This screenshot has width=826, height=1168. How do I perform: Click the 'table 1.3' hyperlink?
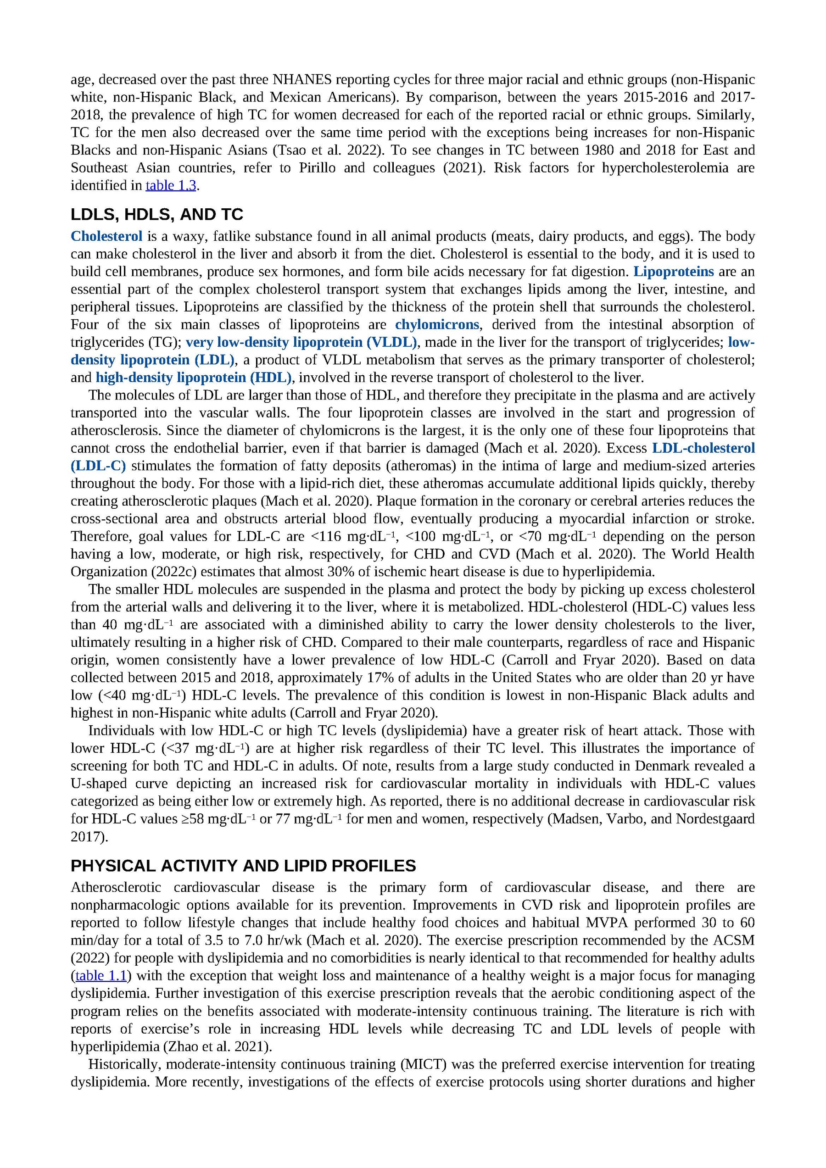(171, 185)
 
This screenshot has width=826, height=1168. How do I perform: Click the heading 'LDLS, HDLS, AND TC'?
(157, 214)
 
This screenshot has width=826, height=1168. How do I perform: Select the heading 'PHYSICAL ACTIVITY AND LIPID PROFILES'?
(243, 866)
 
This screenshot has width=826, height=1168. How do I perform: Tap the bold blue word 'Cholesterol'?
(106, 236)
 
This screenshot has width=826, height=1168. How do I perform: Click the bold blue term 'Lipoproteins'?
(673, 272)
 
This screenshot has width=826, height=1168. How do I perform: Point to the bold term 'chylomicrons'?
(437, 324)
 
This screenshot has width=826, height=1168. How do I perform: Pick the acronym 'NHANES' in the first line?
(302, 79)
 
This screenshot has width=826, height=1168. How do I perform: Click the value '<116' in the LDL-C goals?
(326, 537)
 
